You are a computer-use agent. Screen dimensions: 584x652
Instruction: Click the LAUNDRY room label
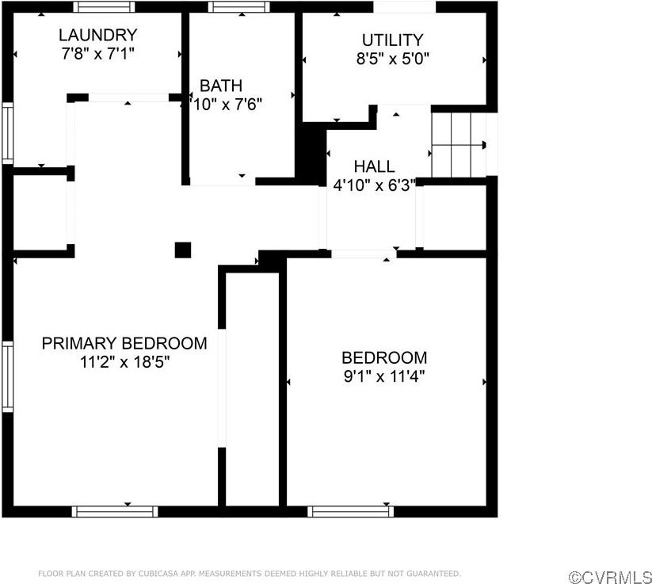97,35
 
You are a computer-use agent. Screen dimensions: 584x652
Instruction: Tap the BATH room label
220,86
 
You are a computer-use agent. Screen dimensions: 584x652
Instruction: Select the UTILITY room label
392,40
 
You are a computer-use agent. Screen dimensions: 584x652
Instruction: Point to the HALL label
374,166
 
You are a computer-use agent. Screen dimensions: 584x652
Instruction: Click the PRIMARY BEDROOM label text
124,343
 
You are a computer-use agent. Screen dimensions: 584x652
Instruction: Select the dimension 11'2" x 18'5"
124,361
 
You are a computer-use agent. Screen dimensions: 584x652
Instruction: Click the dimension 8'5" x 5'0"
392,58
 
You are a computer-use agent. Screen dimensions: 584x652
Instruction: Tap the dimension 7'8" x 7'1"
97,53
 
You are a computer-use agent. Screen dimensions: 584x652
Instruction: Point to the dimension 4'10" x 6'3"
374,185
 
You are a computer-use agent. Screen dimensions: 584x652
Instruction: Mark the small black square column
183,250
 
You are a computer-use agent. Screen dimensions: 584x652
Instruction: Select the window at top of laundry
104,6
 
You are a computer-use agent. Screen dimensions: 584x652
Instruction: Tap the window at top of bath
238,6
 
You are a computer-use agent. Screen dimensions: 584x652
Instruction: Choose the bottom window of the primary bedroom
114,511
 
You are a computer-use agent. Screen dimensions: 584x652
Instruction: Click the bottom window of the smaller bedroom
350,511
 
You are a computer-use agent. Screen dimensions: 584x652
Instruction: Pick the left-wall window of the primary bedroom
7,376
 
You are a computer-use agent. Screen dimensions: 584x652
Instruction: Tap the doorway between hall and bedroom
364,254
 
